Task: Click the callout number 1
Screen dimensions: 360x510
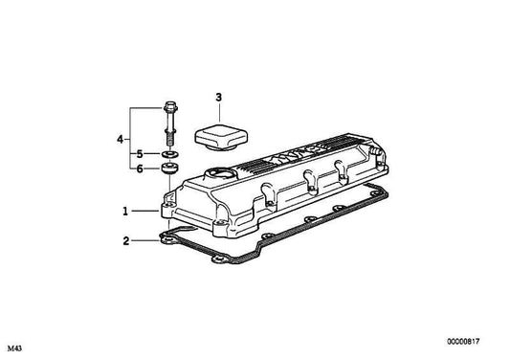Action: (123, 211)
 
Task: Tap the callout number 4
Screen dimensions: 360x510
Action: (120, 140)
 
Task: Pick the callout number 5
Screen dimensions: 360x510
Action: (139, 153)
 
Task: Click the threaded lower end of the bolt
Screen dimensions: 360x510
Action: (169, 139)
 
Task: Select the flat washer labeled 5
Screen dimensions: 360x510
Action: (169, 153)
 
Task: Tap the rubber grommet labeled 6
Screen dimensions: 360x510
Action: (169, 169)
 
